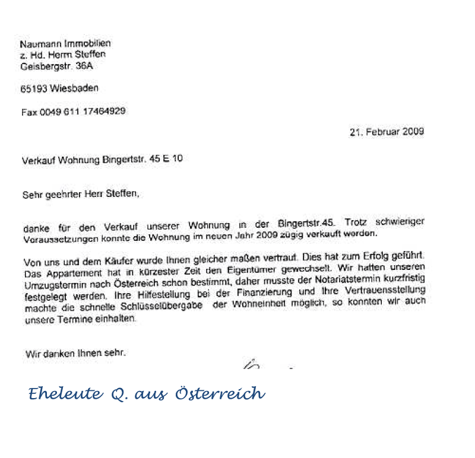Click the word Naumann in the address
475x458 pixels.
(36, 44)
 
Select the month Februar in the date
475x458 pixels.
(382, 132)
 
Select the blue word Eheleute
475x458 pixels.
(61, 393)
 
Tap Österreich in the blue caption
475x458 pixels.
(220, 393)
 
